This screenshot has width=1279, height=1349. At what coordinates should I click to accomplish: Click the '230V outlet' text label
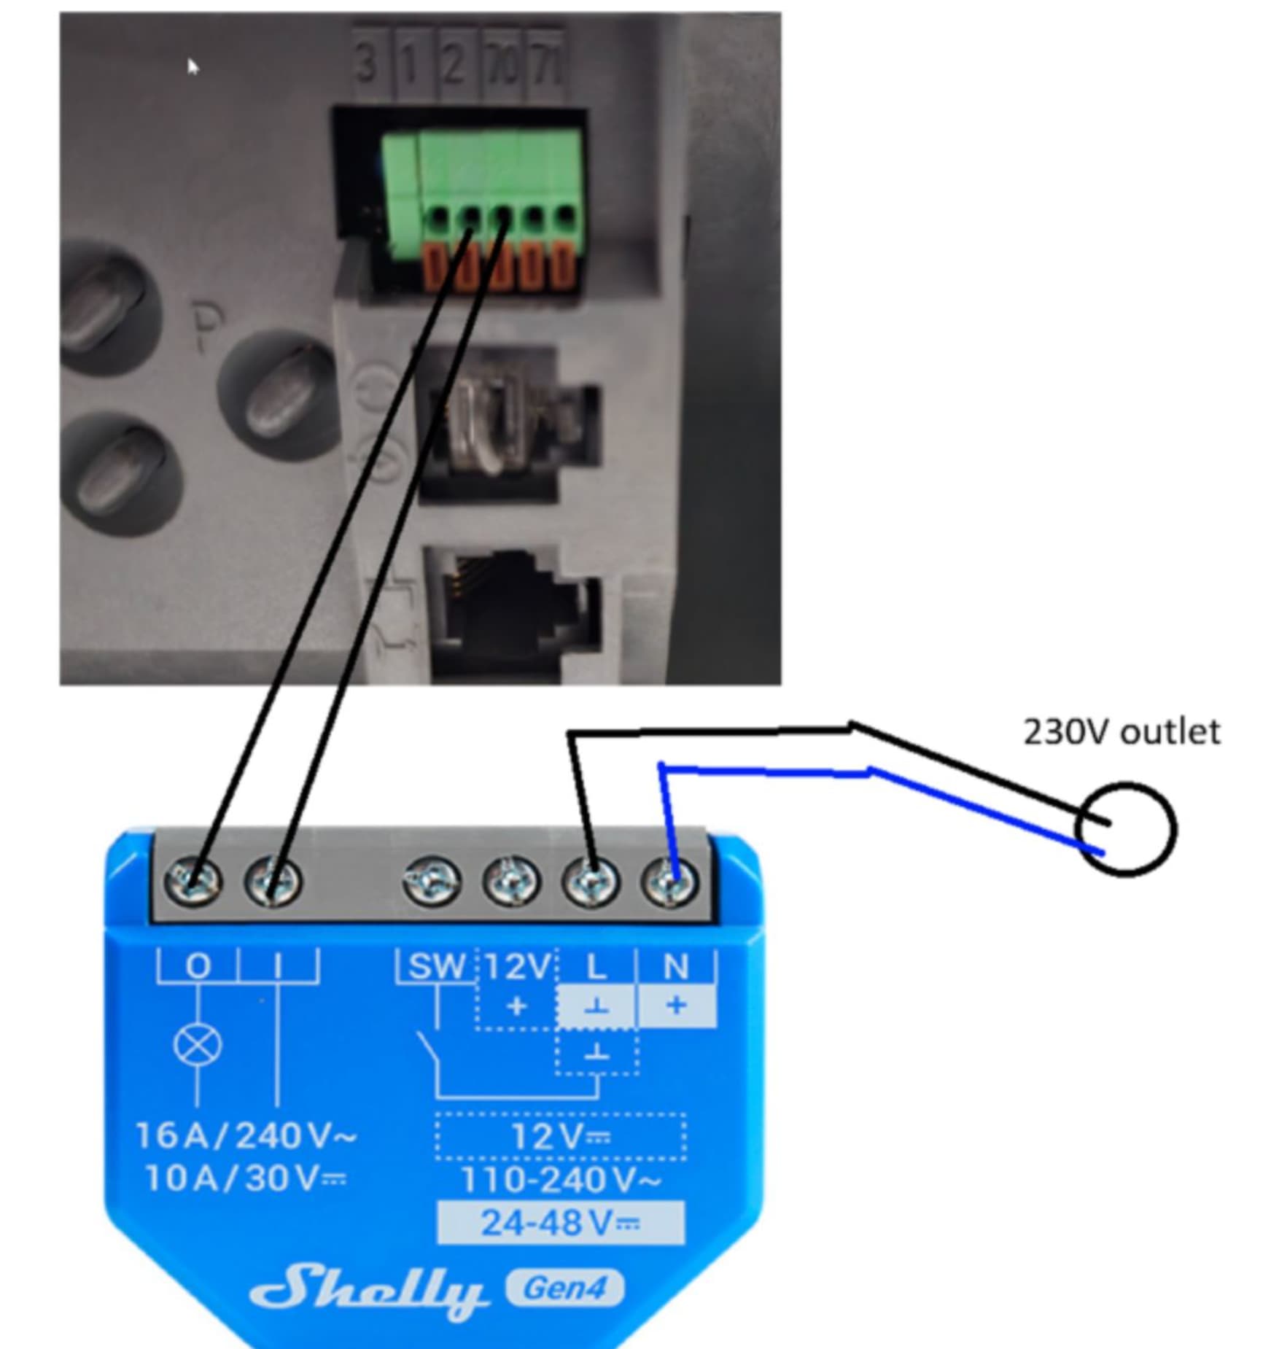(x=1121, y=732)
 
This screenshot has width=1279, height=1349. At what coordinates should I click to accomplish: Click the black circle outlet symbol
(x=1126, y=829)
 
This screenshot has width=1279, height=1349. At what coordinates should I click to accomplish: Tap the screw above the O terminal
(x=193, y=881)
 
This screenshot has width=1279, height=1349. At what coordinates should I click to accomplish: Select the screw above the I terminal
(x=273, y=881)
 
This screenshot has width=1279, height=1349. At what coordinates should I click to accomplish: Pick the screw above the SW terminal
(x=432, y=881)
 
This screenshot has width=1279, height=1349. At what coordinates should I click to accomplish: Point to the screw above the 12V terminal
(x=512, y=881)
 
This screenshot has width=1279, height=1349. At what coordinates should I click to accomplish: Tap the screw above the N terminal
(x=669, y=881)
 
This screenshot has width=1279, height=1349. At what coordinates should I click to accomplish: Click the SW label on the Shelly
(x=436, y=967)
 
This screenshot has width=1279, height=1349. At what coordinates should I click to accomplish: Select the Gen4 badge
(x=565, y=1288)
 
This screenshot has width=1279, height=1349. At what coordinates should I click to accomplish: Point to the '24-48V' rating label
(x=560, y=1223)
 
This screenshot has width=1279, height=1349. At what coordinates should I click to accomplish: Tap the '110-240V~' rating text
(x=561, y=1179)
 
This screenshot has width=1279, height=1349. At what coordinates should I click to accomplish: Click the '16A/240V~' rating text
(x=246, y=1135)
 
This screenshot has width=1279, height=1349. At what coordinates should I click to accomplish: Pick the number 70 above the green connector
(x=503, y=64)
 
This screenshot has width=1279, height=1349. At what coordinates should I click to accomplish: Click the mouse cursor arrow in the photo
(x=193, y=67)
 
